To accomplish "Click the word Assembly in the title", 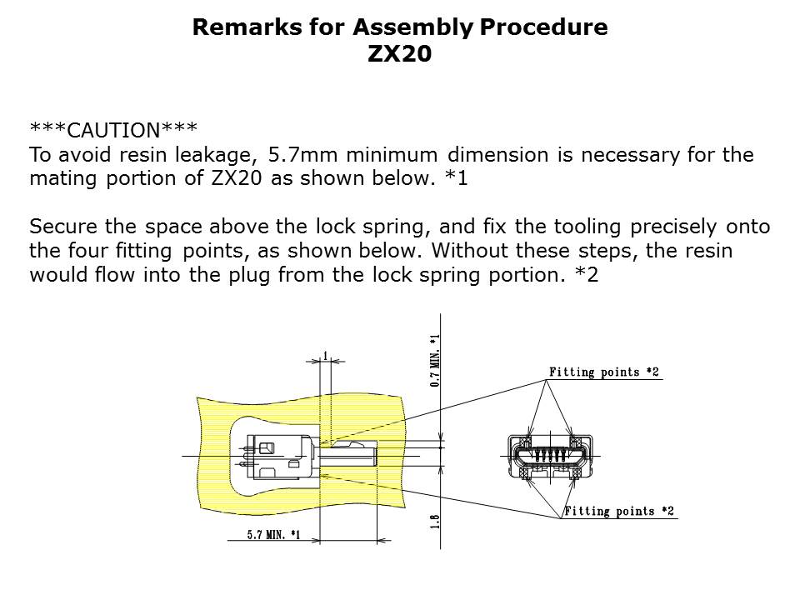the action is tap(414, 27).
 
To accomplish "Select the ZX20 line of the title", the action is tap(399, 53).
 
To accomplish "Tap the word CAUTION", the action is tap(114, 131).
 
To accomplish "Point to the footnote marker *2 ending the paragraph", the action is tap(587, 275).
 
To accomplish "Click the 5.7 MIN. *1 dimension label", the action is tap(273, 534).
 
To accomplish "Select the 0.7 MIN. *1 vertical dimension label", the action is tap(435, 360).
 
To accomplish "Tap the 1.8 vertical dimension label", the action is tap(435, 522).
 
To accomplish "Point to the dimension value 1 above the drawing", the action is tap(326, 356).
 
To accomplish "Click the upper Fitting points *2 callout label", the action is tap(604, 372).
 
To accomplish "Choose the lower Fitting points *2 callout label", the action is tap(619, 511).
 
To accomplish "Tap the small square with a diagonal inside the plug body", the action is tap(267, 448).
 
